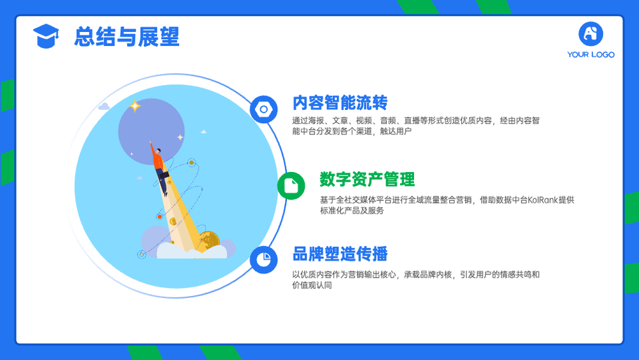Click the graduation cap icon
click(x=46, y=36)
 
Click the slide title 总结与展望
click(x=127, y=36)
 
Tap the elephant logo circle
click(x=590, y=34)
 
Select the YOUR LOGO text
click(x=590, y=54)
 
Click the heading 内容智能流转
click(x=340, y=103)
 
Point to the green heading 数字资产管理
click(x=367, y=180)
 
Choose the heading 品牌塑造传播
click(x=340, y=254)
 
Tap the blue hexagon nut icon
click(x=264, y=109)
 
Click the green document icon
click(x=291, y=186)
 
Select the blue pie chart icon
click(x=264, y=260)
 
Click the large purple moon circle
click(x=151, y=131)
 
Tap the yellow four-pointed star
click(x=134, y=106)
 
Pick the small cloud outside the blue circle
click(x=104, y=106)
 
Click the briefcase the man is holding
click(x=165, y=175)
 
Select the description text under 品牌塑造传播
click(x=416, y=279)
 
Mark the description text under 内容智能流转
click(x=416, y=125)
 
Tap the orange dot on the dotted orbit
click(x=160, y=217)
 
